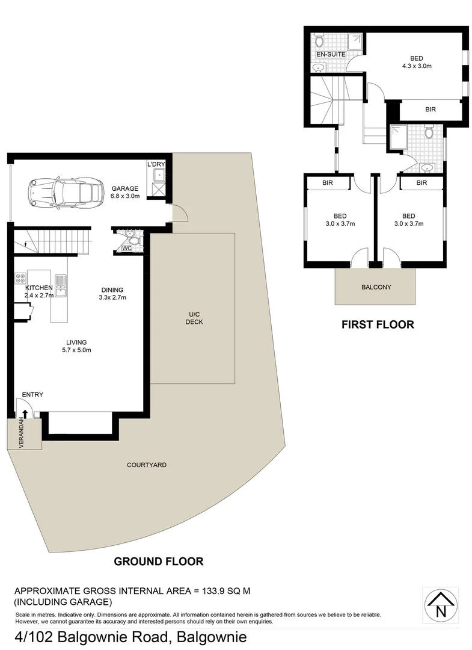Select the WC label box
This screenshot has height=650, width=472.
click(x=127, y=248)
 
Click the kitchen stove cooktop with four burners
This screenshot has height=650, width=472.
click(x=20, y=278)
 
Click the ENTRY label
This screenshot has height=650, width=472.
click(x=32, y=395)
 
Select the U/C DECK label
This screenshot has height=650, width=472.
click(x=194, y=318)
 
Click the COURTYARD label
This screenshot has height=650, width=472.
click(x=147, y=465)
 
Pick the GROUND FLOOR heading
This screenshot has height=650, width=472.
click(x=159, y=562)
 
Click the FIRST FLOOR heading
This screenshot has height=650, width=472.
click(x=378, y=324)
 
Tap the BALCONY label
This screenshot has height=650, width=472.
click(x=376, y=287)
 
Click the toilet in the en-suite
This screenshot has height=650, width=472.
click(x=319, y=41)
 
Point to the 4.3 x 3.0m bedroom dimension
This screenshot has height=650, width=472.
click(x=417, y=67)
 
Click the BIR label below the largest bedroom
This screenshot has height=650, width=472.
click(x=430, y=110)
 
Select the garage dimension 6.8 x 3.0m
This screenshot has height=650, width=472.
click(x=125, y=196)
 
